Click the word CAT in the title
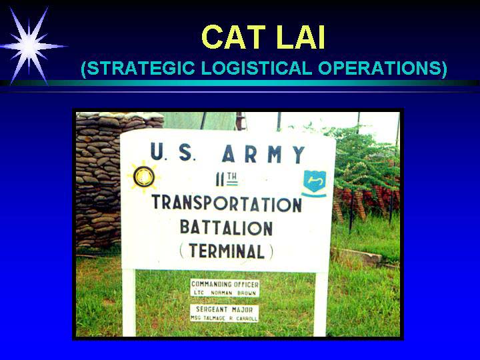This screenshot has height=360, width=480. (x=233, y=37)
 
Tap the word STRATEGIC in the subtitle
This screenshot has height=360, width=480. (x=138, y=68)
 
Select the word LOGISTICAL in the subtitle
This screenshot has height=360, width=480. (x=257, y=68)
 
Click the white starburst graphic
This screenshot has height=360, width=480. (x=29, y=47)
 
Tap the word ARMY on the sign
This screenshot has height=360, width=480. (x=263, y=154)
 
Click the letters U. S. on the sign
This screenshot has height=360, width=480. (x=173, y=151)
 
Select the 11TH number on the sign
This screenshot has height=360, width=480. (x=227, y=179)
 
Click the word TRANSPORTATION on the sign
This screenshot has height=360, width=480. (x=227, y=203)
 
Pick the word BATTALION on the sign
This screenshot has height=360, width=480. (x=226, y=227)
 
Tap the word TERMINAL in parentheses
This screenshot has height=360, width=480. (x=226, y=251)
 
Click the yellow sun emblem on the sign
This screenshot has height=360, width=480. (x=143, y=177)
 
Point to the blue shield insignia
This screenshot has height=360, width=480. (x=315, y=183)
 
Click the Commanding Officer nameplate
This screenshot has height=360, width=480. (x=225, y=288)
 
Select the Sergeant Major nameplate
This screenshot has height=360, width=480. (x=225, y=313)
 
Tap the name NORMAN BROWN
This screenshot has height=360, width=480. (x=233, y=293)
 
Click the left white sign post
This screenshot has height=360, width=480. (x=129, y=303)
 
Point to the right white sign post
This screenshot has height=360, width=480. (x=321, y=304)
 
